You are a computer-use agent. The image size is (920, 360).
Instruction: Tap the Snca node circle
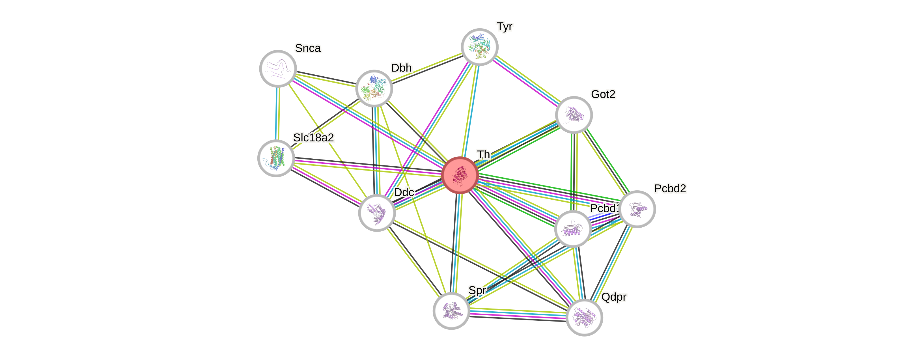278,68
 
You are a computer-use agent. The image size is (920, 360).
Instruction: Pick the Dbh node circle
374,89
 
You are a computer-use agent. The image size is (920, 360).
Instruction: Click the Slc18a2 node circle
276,158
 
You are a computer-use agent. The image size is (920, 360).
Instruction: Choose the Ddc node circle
377,213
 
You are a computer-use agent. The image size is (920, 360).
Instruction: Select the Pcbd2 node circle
637,209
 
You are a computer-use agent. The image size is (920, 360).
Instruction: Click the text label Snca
308,48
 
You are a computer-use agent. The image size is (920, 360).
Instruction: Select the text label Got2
603,94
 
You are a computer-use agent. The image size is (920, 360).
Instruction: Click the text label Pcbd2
670,189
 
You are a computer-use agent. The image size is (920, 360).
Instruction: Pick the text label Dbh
401,68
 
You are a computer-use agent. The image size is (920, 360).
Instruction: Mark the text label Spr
477,290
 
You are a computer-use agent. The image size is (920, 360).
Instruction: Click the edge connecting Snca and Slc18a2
277,114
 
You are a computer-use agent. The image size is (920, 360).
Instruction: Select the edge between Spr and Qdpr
518,314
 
